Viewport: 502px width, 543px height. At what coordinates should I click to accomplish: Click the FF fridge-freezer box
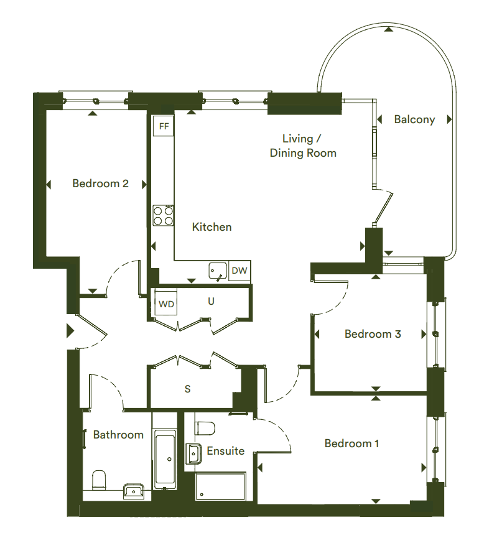click(x=164, y=126)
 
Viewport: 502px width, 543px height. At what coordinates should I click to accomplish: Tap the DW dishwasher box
click(x=239, y=271)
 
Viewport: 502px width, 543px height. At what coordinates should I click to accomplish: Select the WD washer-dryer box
click(x=166, y=304)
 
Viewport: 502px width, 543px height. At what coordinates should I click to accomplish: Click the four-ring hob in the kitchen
click(x=164, y=215)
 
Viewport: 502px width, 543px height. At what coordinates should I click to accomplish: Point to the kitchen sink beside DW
click(x=218, y=271)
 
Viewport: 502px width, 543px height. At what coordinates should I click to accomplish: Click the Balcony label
click(x=414, y=120)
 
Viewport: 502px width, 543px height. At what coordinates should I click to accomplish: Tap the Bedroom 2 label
click(x=101, y=183)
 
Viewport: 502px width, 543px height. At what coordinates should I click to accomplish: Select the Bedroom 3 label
click(x=373, y=334)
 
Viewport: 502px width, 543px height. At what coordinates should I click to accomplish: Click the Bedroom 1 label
click(x=351, y=443)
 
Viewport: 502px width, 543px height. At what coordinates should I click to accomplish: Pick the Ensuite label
click(x=226, y=451)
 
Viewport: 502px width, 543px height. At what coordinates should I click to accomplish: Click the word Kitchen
click(x=211, y=227)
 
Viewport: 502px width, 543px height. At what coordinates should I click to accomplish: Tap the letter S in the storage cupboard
click(x=187, y=389)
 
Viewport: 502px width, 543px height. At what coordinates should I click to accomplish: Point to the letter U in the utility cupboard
click(x=211, y=301)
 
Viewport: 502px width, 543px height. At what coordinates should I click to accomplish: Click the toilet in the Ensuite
click(x=205, y=428)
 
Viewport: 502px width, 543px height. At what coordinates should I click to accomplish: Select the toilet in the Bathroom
click(x=99, y=480)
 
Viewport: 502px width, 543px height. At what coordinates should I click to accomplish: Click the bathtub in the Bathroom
click(x=165, y=459)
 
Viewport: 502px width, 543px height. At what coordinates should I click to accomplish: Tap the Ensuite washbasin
click(x=193, y=453)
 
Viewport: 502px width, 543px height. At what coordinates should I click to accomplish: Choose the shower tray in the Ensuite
click(x=221, y=486)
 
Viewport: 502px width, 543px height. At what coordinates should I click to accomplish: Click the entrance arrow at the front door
click(x=70, y=331)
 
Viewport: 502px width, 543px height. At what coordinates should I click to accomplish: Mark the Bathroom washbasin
click(x=134, y=491)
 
